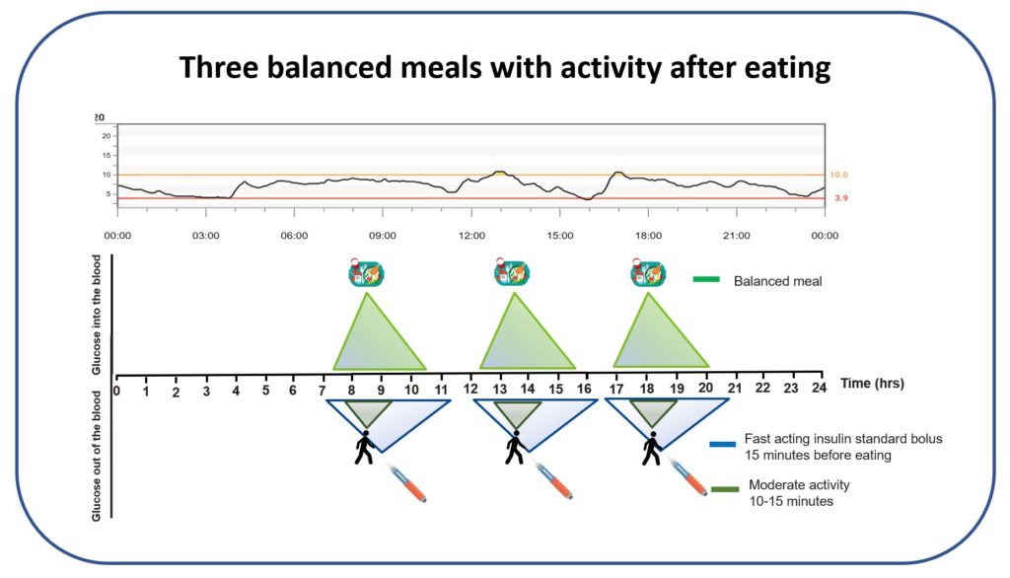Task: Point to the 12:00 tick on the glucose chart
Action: coord(471,236)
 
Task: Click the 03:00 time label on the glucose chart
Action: coord(205,236)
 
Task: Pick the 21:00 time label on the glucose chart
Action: coord(737,236)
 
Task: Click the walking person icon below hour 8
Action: coord(365,448)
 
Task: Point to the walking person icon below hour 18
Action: coord(651,448)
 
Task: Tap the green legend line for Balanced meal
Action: coord(707,280)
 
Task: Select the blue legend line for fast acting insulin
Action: coord(723,445)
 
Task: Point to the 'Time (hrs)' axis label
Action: coord(873,382)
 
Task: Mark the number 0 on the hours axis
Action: coord(117,391)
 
